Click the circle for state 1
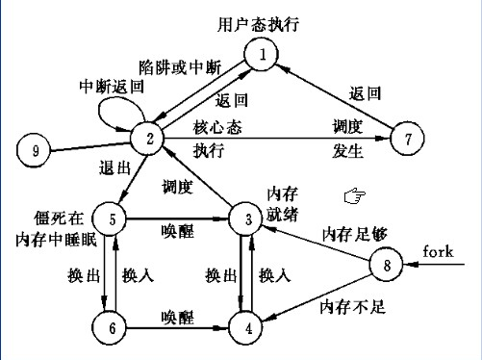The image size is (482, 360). coord(261,54)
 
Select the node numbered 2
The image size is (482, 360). coord(147,139)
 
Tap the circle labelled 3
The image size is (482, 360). coord(246,219)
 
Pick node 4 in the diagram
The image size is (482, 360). coord(246,328)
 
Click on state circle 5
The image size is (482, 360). coord(110,219)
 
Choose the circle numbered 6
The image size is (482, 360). coord(110,328)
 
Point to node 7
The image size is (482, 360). coord(407,139)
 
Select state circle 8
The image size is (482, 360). coord(386,265)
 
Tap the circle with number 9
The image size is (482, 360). coord(34,150)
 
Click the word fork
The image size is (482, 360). coord(438,251)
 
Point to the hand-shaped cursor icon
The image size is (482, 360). coord(355,195)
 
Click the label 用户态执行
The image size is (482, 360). coord(259,24)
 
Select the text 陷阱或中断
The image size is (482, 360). coord(180,67)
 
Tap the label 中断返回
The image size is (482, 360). coord(112,87)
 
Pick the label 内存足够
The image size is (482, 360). coord(355,234)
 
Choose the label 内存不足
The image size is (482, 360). coord(353,307)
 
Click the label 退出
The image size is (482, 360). coord(115,167)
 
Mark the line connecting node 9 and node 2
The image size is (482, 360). coord(90,147)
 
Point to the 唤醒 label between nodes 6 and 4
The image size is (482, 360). coord(178,317)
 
